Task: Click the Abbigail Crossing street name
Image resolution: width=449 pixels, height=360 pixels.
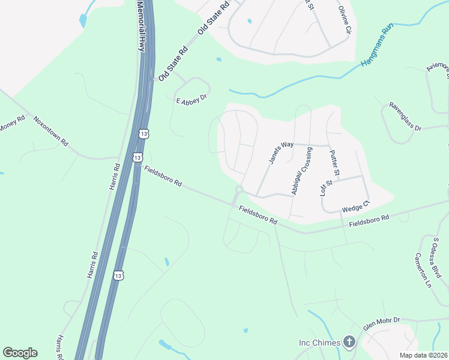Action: point(301,170)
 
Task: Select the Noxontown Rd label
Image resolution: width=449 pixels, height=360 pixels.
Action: point(51,132)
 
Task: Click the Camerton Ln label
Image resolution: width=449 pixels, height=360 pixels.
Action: point(423,270)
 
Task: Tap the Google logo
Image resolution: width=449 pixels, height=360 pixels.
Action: point(20,353)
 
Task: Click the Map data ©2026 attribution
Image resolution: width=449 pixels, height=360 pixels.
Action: point(423,355)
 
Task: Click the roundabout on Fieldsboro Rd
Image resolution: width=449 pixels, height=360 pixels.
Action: point(238,191)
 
